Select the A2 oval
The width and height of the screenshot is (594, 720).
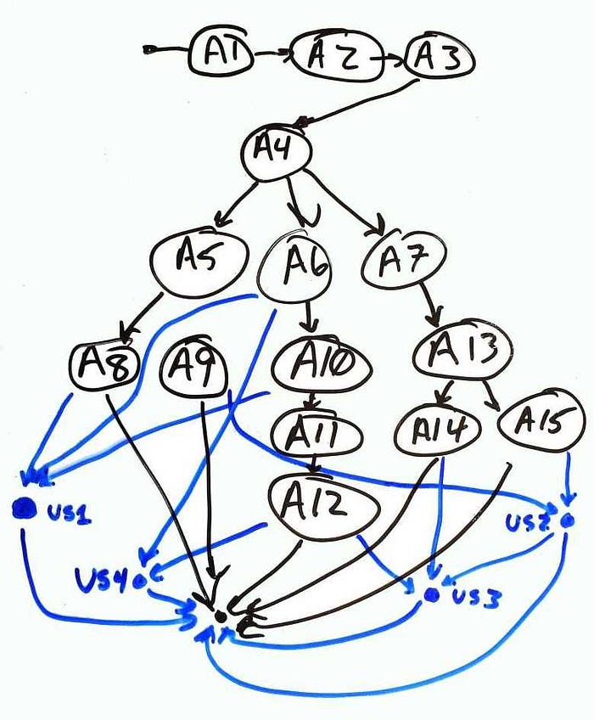coord(327,59)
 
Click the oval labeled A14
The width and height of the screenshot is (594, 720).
coord(431,430)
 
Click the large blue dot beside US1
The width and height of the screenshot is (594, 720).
coord(24,509)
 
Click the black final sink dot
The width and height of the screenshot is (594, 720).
coord(220,615)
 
